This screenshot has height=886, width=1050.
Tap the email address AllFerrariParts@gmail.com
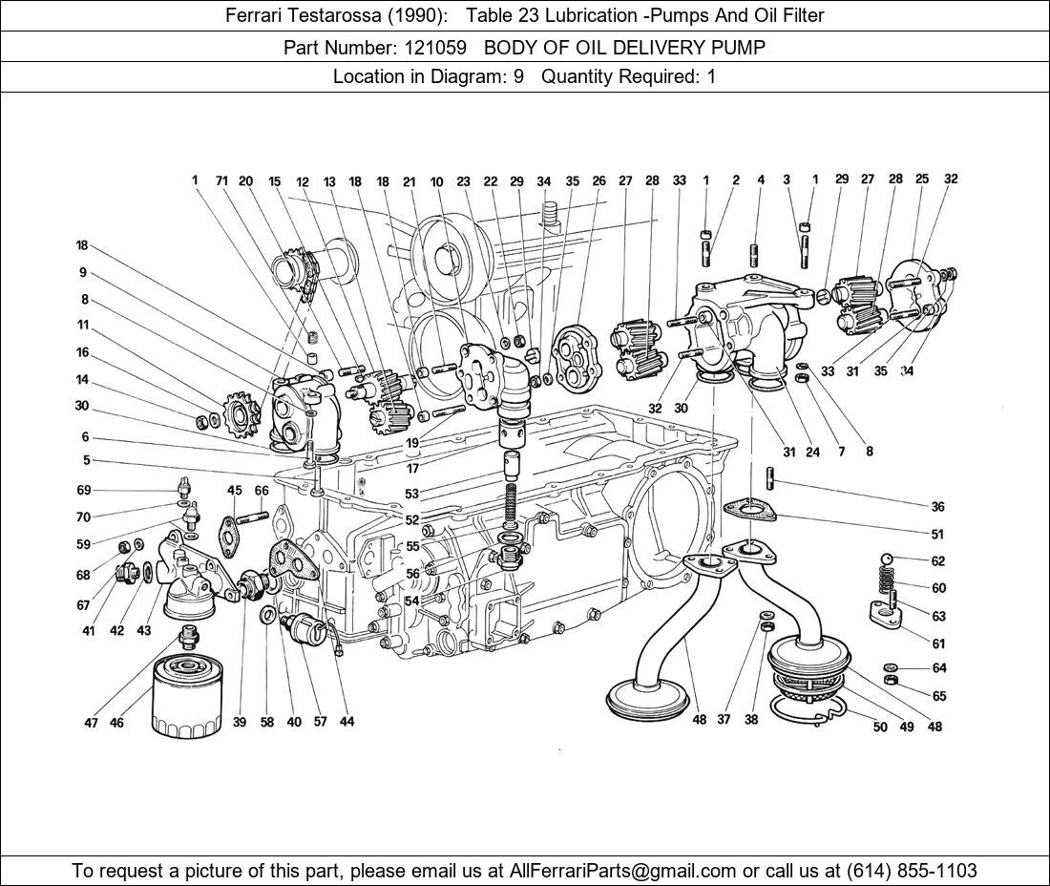(623, 870)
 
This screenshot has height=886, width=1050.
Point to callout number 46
(116, 723)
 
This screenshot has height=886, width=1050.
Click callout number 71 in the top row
(220, 180)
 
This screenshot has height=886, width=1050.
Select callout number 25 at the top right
(921, 179)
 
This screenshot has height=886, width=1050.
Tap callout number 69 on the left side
(84, 490)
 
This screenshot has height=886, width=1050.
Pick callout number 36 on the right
(937, 506)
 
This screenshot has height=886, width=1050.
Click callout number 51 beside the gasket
(937, 535)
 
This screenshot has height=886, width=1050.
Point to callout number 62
(938, 561)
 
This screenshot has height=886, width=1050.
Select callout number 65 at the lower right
(939, 696)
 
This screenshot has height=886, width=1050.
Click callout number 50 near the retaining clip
(880, 727)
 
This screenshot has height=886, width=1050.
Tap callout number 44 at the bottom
(346, 722)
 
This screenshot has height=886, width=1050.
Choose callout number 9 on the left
(83, 272)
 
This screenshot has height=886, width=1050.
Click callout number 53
(411, 494)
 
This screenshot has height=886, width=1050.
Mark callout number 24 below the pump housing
(812, 452)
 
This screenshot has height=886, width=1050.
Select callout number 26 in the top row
(598, 180)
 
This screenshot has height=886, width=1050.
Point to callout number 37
(724, 719)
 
